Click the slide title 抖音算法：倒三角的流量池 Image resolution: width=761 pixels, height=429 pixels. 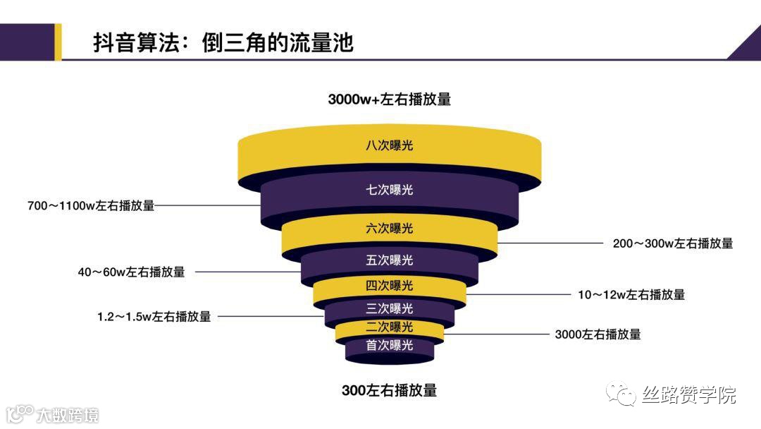pyautogui.click(x=223, y=43)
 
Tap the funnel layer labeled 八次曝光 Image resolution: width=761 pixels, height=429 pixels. pyautogui.click(x=389, y=147)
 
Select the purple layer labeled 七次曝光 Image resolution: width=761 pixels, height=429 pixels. pyautogui.click(x=389, y=190)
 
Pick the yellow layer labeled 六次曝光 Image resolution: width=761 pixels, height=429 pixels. pyautogui.click(x=389, y=229)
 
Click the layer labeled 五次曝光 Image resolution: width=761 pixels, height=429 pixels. pyautogui.click(x=389, y=260)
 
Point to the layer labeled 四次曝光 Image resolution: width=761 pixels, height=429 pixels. pyautogui.click(x=389, y=286)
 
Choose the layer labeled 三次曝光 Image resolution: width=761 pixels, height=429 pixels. pyautogui.click(x=389, y=308)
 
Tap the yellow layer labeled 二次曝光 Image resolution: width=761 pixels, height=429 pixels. pyautogui.click(x=389, y=327)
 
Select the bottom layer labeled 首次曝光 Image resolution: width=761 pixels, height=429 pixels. pyautogui.click(x=389, y=346)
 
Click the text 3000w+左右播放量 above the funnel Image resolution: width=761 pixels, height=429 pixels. pyautogui.click(x=389, y=99)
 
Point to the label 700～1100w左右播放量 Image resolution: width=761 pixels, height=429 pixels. pyautogui.click(x=90, y=206)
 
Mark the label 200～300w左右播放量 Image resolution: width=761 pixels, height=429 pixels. pyautogui.click(x=672, y=243)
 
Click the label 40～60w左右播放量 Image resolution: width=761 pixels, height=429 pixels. pyautogui.click(x=131, y=272)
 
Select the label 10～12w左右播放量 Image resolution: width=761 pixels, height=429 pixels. pyautogui.click(x=631, y=295)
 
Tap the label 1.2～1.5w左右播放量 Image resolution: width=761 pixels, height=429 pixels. pyautogui.click(x=154, y=317)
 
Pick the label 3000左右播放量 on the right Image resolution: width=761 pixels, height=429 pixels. pyautogui.click(x=598, y=334)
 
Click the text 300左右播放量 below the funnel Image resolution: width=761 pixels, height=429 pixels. pyautogui.click(x=389, y=390)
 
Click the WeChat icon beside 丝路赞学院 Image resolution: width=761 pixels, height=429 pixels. pyautogui.click(x=621, y=394)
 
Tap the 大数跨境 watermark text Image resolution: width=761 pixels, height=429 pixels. pyautogui.click(x=68, y=414)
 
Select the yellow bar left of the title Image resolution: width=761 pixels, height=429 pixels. pyautogui.click(x=58, y=42)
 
